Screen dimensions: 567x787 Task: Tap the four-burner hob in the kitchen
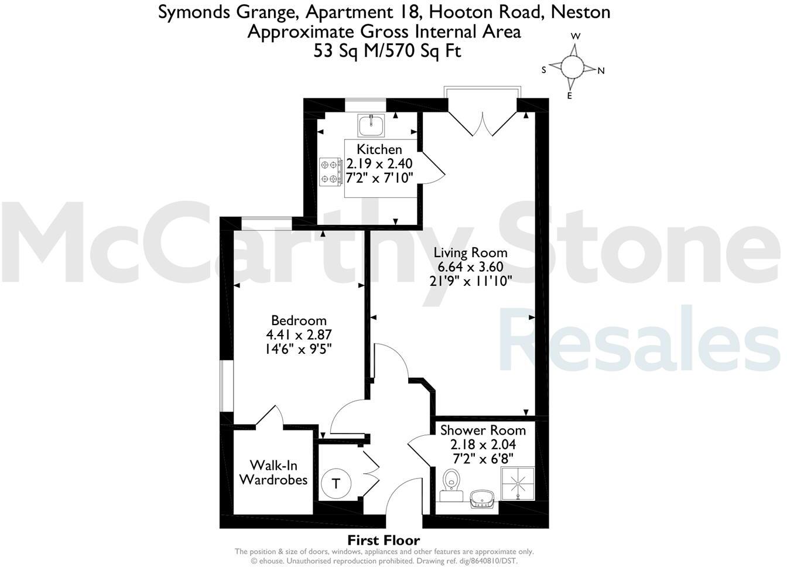point(330,172)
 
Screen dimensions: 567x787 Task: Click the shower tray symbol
point(518,483)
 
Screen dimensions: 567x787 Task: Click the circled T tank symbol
point(336,484)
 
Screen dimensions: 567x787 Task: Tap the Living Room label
point(470,252)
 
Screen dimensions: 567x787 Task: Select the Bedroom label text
point(299,320)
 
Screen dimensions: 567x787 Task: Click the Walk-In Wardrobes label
point(273,473)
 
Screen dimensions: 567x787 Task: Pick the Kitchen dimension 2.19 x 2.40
point(379,163)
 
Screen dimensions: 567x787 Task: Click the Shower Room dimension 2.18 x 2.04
point(483,445)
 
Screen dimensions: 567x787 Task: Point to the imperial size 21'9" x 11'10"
point(471,281)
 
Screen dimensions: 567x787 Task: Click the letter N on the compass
point(601,71)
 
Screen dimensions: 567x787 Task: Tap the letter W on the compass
point(576,36)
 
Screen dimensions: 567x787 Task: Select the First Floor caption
point(384,540)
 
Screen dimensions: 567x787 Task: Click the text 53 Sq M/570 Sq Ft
point(387,51)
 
